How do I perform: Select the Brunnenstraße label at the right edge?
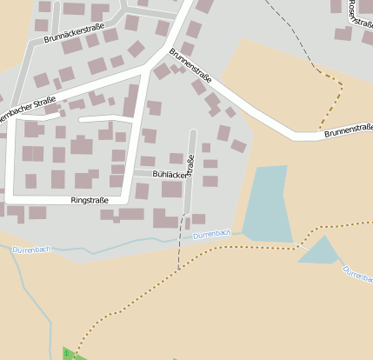point(347,133)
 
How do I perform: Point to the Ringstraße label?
point(89,200)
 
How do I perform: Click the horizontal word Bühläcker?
point(170,174)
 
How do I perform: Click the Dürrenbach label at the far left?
point(32,250)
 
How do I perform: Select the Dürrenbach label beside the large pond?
point(211,235)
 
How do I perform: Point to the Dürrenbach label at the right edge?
point(357,275)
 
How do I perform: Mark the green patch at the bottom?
point(70,354)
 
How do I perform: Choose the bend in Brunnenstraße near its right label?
point(294,134)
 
